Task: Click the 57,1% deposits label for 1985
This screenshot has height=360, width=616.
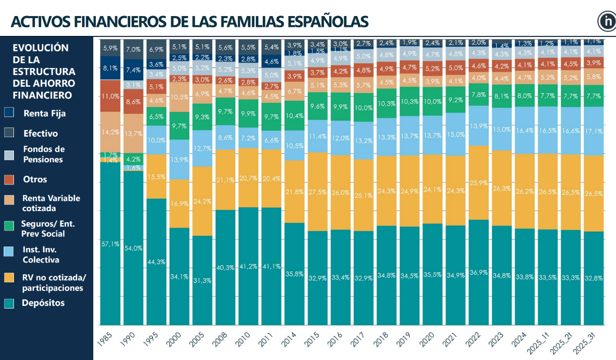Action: pos(109,244)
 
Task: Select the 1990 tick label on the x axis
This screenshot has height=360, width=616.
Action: pos(129,340)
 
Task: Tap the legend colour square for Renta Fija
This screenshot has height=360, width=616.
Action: pos(9,113)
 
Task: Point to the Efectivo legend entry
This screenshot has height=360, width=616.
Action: pos(40,133)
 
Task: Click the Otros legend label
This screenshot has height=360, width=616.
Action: pos(35,179)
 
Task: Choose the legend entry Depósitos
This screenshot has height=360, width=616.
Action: pos(43,303)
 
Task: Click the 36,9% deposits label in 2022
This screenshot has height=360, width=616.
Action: pos(479,272)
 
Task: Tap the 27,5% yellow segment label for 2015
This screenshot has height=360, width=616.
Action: pos(317,192)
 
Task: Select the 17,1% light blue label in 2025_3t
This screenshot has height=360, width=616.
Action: pos(593,131)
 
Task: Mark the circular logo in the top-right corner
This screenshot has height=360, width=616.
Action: pos(607,21)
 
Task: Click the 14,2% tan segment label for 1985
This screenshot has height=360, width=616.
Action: pos(109,132)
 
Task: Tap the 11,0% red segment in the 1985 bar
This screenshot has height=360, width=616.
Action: pos(109,96)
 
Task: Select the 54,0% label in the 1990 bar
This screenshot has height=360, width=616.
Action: pos(133,248)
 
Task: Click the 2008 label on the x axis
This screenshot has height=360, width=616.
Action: pos(221,340)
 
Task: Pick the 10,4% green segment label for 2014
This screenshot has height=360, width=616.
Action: pos(294,116)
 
